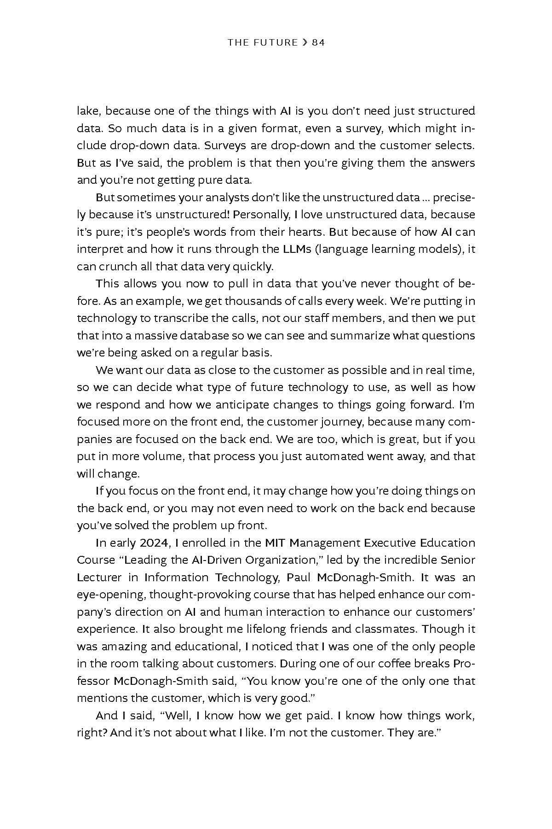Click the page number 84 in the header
(318, 43)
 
